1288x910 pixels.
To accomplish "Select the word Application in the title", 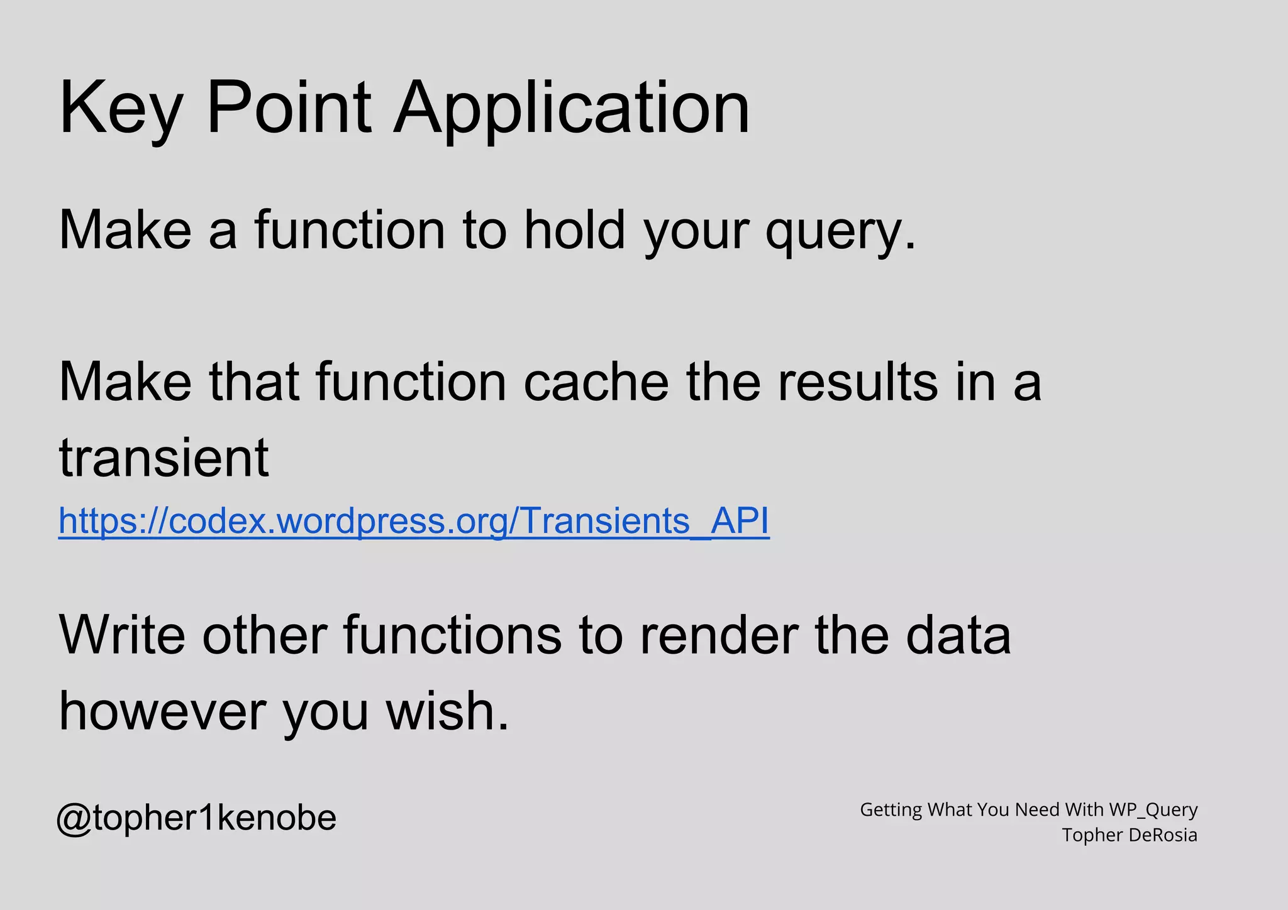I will click(x=571, y=108).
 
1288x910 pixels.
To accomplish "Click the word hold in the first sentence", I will click(x=574, y=230).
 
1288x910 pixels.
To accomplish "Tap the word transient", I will click(x=164, y=458).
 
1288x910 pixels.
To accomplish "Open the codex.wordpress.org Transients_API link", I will click(x=413, y=521).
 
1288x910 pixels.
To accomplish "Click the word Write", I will click(x=122, y=635).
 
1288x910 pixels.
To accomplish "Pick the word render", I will click(x=719, y=635).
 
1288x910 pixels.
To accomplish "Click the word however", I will click(x=162, y=711).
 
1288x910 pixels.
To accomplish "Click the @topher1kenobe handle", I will click(x=197, y=818).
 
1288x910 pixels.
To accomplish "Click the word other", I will click(x=265, y=635).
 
